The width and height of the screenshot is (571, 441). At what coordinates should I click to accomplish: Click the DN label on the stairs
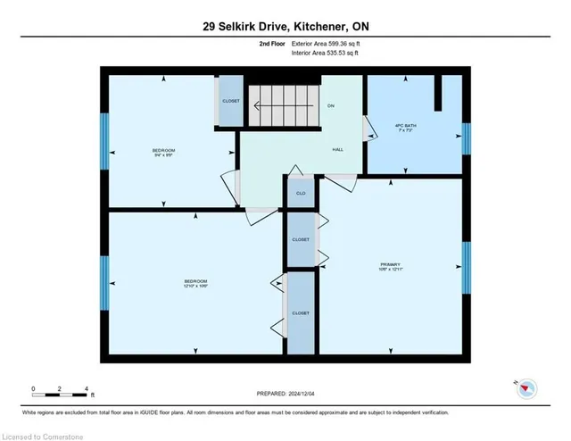(330, 106)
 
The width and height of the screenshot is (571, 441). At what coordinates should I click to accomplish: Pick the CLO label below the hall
(301, 193)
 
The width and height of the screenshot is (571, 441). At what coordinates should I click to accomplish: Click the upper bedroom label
(163, 151)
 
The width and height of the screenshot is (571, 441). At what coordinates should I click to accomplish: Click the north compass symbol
(525, 387)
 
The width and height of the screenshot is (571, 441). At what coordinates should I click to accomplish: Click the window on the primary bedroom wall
(466, 267)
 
